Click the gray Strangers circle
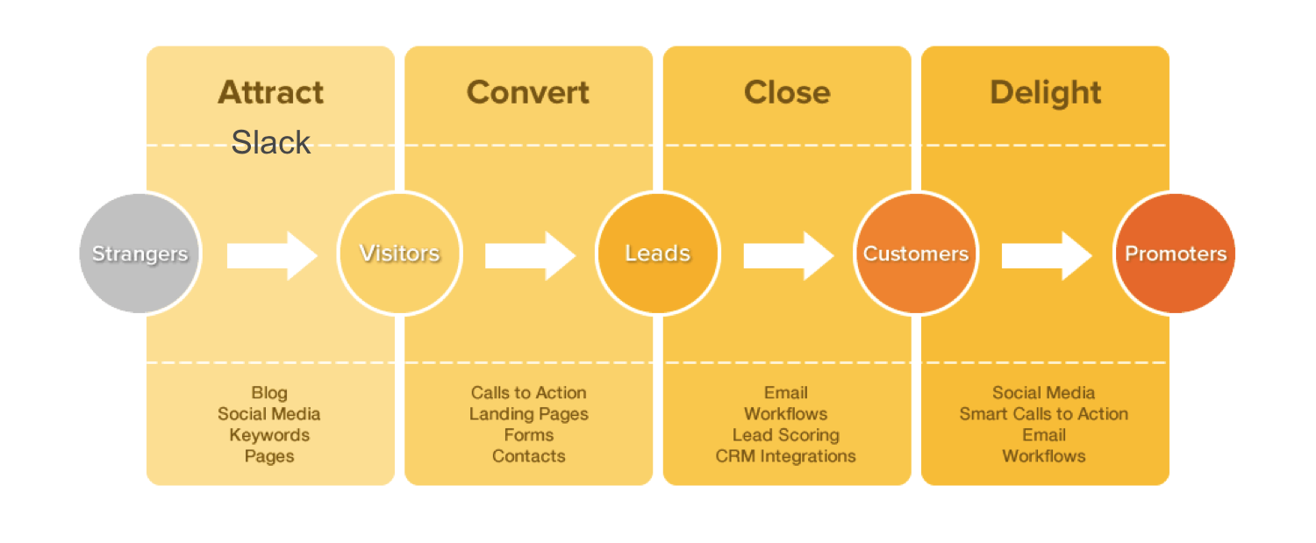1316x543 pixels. [x=139, y=254]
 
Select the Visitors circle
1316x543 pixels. [x=399, y=254]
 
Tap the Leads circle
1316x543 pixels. [x=657, y=254]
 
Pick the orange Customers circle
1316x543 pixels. [x=916, y=254]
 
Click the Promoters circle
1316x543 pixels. [x=1175, y=254]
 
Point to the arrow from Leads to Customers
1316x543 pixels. [x=788, y=255]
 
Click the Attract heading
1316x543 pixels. [x=270, y=92]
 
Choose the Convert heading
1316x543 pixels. [x=528, y=92]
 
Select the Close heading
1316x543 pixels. [x=787, y=92]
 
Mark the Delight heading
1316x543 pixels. [x=1045, y=92]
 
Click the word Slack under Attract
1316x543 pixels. [x=271, y=142]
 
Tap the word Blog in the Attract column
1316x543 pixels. [x=269, y=393]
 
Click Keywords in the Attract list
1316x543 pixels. [x=269, y=435]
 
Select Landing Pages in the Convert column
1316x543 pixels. [x=528, y=414]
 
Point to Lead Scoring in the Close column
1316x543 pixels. [x=786, y=435]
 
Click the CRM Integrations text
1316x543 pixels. [x=786, y=456]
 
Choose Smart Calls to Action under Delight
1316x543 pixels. [x=1044, y=414]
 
